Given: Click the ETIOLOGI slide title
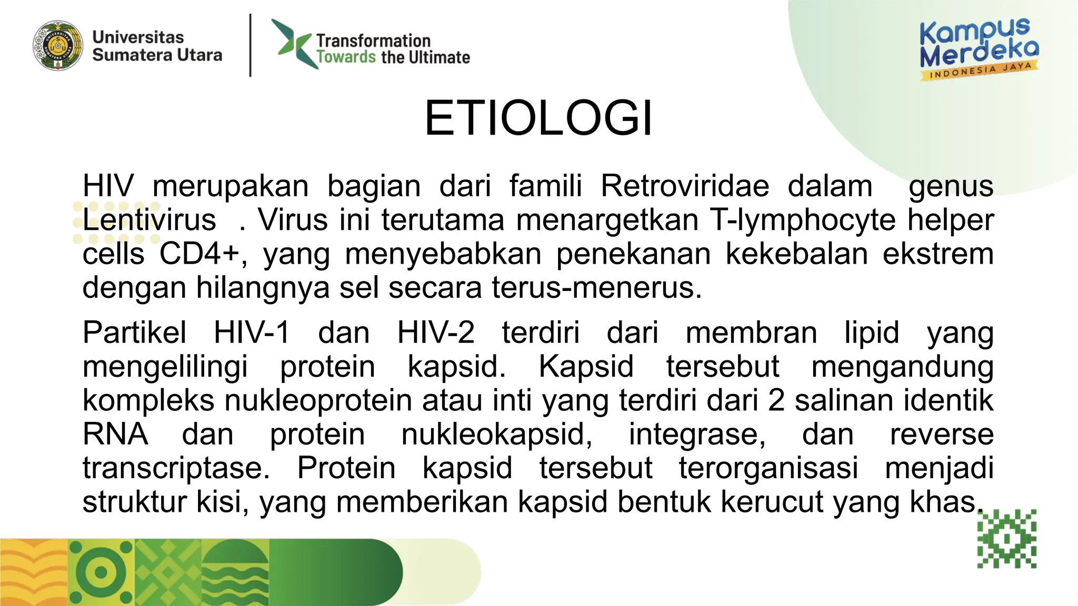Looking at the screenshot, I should tap(538, 118).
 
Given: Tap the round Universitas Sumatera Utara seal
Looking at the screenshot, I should tap(58, 46).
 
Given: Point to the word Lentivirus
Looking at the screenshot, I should tap(149, 220).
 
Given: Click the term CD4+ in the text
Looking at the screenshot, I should tap(199, 254).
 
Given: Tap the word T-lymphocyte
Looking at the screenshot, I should tap(802, 220).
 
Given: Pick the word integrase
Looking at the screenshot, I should tap(697, 435).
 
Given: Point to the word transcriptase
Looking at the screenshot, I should tap(176, 468).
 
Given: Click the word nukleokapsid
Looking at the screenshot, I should tap(496, 435).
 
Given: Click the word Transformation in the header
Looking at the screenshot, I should tap(373, 41).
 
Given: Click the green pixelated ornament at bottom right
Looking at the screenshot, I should tap(1006, 539).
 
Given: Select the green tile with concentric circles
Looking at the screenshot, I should tap(101, 572).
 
